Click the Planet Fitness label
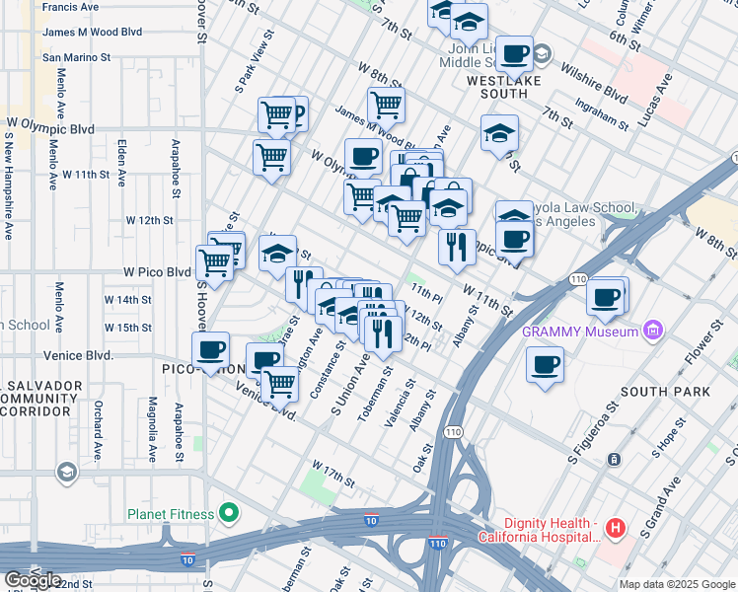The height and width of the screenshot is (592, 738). (170, 514)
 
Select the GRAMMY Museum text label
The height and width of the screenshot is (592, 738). (580, 332)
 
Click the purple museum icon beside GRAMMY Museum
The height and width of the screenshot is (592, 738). (650, 332)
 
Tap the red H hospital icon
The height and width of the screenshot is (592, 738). (616, 529)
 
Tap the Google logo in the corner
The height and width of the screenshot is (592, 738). (32, 579)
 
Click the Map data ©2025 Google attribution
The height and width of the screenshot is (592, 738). (677, 584)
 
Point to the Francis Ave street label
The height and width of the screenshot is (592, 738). (71, 7)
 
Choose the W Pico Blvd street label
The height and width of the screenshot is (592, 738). (157, 271)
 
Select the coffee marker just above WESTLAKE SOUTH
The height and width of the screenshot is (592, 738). (514, 53)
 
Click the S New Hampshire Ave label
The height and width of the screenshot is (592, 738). (9, 188)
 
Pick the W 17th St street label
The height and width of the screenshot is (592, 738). (332, 473)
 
